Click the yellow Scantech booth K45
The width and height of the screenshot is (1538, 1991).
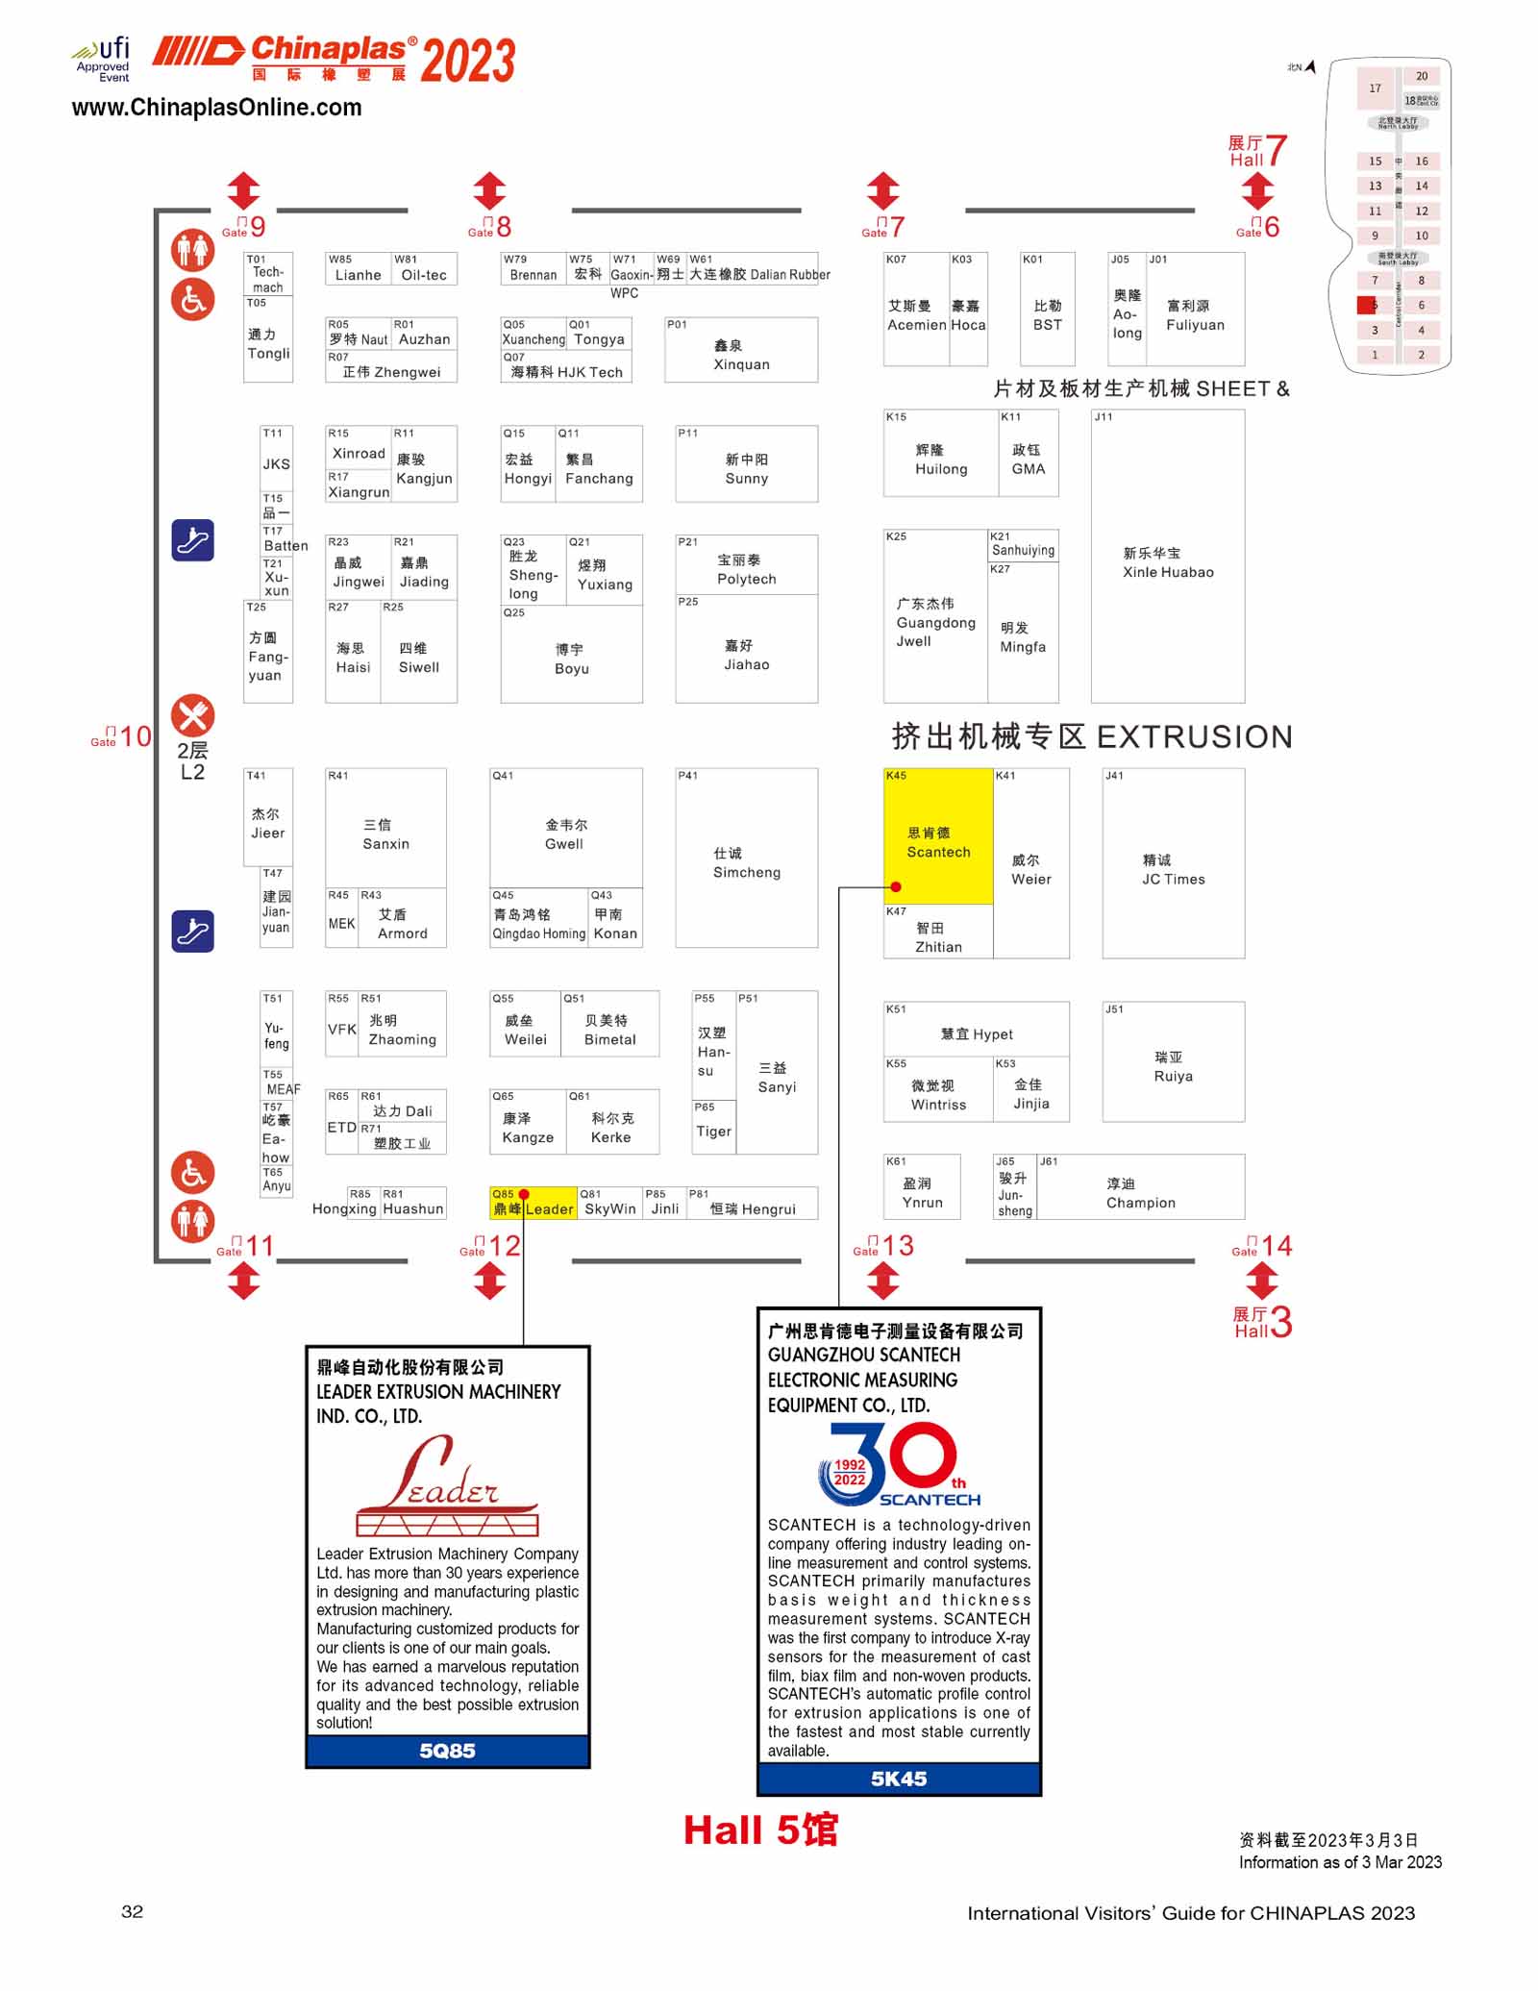point(937,834)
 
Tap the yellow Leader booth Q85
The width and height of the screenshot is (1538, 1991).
point(533,1204)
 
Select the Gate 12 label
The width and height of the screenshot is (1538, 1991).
point(491,1246)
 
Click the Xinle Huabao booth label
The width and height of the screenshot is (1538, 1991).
point(1168,562)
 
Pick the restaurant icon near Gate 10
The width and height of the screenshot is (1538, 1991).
point(192,715)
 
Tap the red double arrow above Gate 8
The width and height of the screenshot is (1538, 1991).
point(489,190)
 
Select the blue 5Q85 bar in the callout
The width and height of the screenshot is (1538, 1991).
point(447,1751)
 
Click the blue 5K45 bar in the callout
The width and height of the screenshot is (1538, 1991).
point(899,1779)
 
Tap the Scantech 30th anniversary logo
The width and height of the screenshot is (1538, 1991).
point(898,1465)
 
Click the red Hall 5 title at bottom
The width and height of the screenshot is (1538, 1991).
point(760,1830)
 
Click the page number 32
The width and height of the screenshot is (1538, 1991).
point(133,1911)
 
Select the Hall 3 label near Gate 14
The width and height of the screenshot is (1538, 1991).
point(1262,1322)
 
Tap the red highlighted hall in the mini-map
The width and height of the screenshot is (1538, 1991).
point(1366,306)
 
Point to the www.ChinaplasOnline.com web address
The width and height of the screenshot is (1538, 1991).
point(216,108)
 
